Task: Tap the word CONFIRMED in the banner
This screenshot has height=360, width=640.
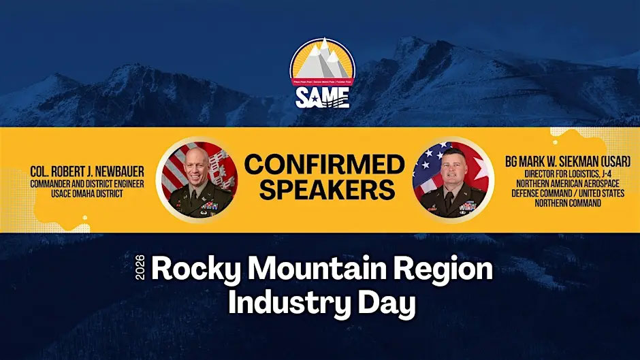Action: [x=323, y=165]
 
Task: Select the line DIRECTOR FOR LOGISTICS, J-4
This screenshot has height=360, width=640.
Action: [x=567, y=174]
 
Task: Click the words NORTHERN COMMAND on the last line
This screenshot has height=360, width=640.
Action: [x=567, y=203]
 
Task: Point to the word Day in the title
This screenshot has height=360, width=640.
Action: [x=389, y=303]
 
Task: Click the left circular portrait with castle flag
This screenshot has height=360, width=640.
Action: [x=197, y=180]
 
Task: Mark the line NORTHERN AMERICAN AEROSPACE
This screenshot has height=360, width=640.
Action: [x=567, y=184]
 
